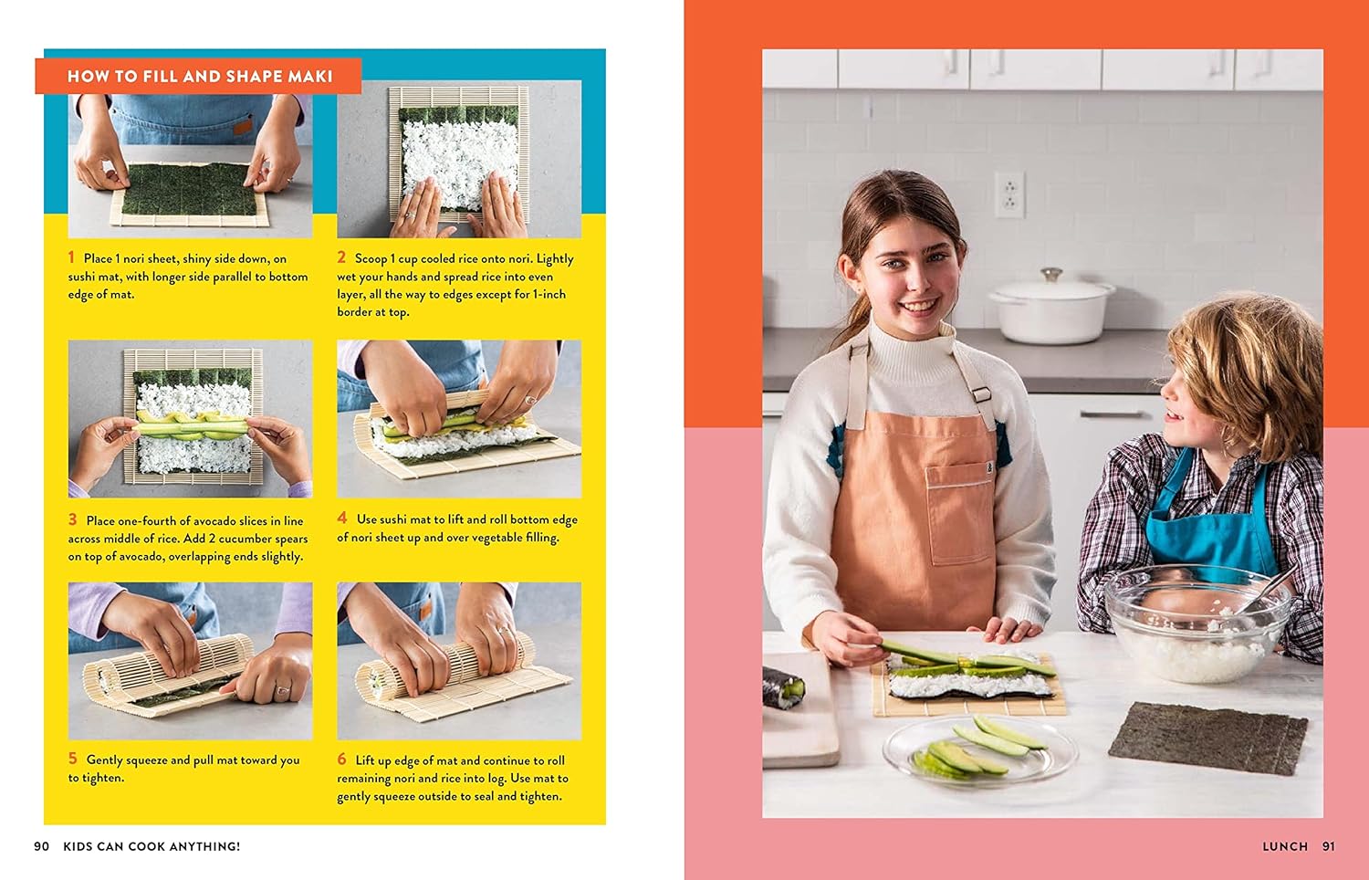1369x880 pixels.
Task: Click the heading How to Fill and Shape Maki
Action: pyautogui.click(x=200, y=77)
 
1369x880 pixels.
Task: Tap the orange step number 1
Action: pyautogui.click(x=71, y=257)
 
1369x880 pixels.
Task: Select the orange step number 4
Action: pyautogui.click(x=342, y=519)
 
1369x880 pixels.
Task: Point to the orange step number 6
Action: pyautogui.click(x=342, y=759)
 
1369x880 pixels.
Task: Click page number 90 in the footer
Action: pyautogui.click(x=42, y=846)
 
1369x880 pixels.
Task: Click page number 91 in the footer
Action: pyautogui.click(x=1329, y=846)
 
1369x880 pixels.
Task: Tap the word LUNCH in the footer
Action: pyautogui.click(x=1285, y=846)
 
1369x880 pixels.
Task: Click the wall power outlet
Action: pyautogui.click(x=1009, y=194)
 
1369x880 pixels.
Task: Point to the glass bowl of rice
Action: pyautogui.click(x=1197, y=623)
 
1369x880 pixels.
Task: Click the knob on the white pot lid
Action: pyautogui.click(x=1051, y=274)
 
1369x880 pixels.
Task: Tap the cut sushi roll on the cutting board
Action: pyautogui.click(x=783, y=687)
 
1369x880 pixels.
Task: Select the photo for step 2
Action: pyautogui.click(x=459, y=159)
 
